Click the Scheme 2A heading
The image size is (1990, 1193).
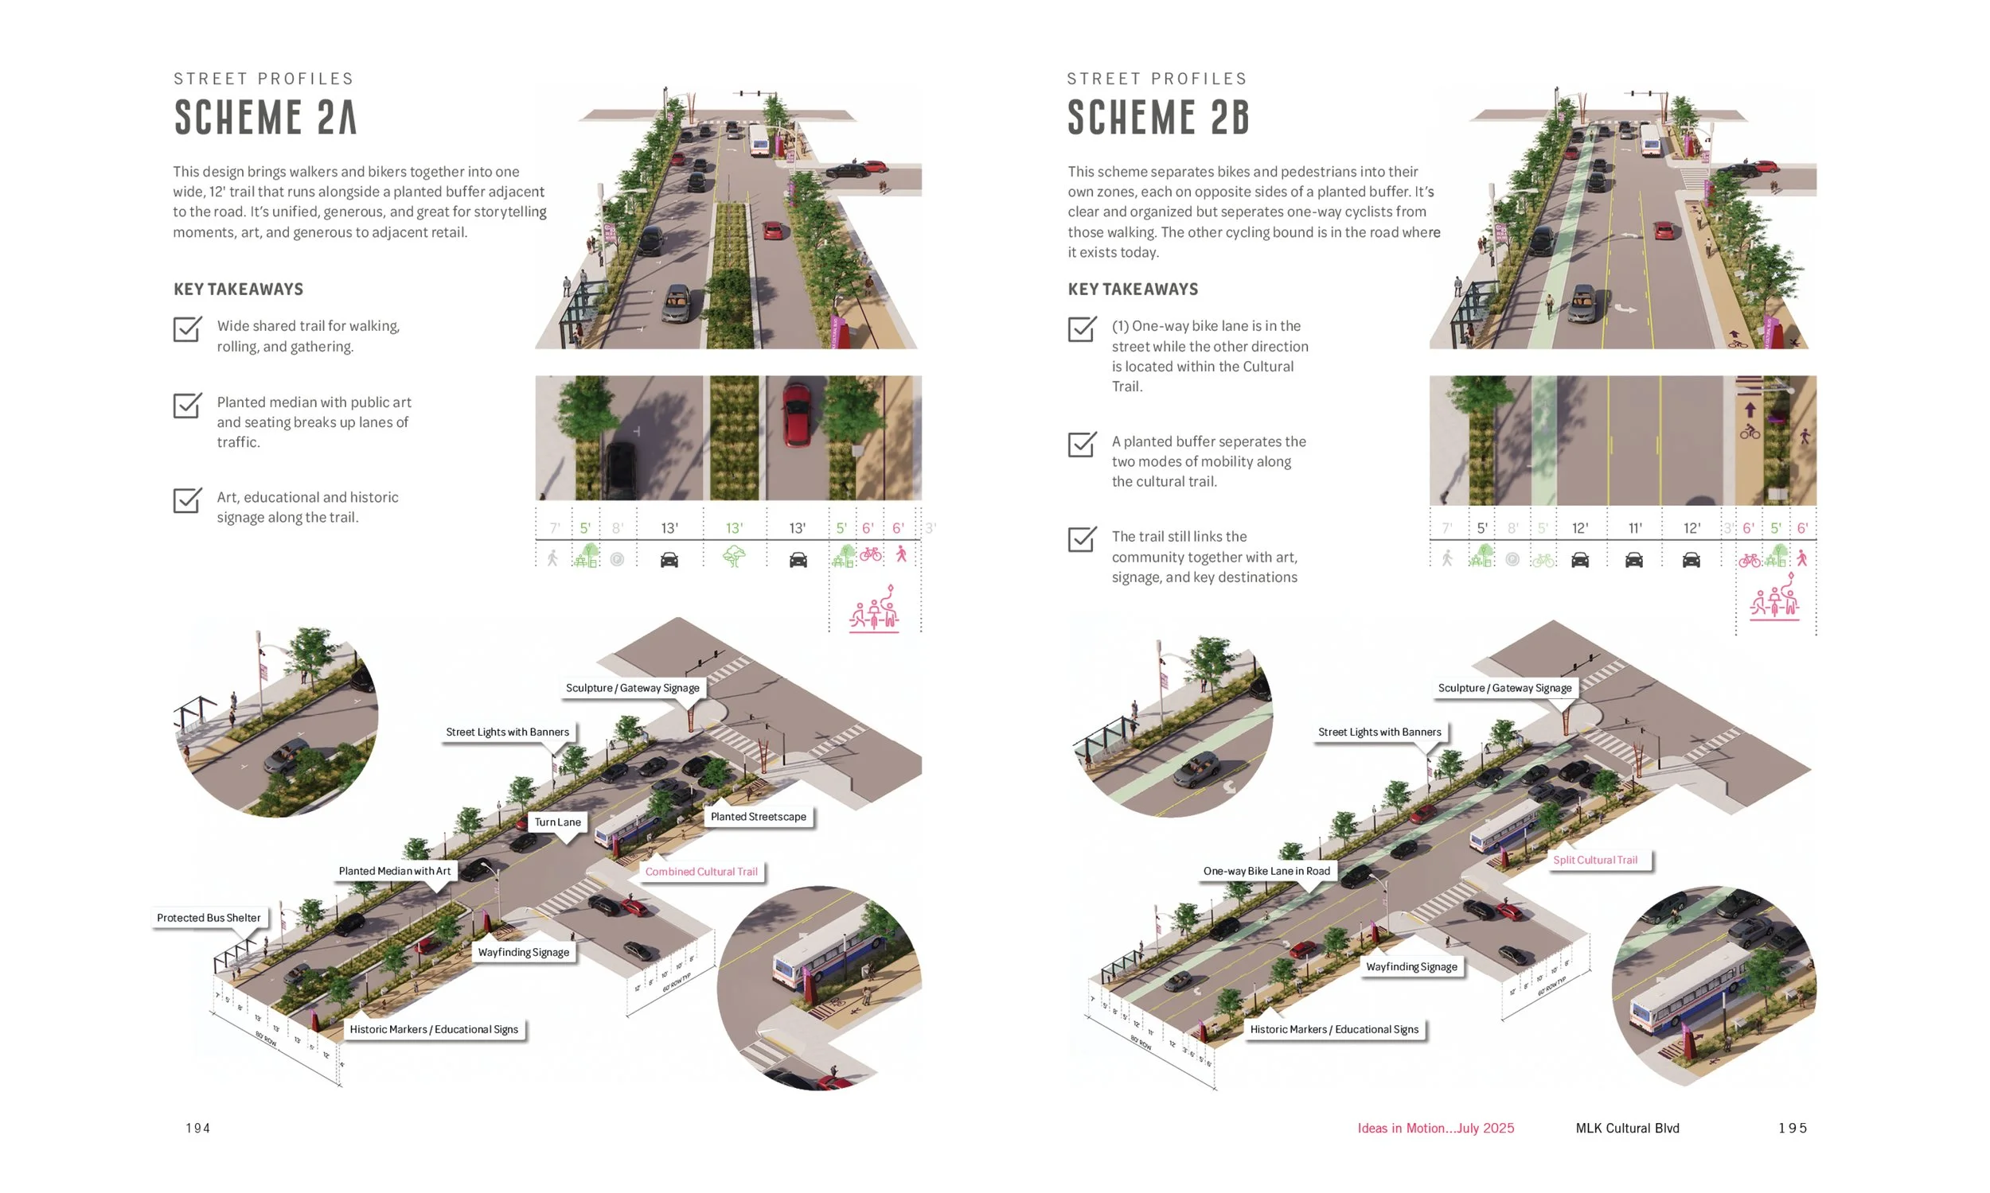click(x=265, y=118)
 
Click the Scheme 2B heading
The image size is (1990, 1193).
click(x=1158, y=118)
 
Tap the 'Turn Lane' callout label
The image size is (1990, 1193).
click(x=557, y=822)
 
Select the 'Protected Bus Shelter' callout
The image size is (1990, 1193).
click(x=209, y=917)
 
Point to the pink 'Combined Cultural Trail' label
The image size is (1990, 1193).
click(x=700, y=872)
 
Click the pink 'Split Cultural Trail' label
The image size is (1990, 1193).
click(x=1594, y=860)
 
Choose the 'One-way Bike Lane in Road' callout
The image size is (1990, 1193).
click(x=1266, y=871)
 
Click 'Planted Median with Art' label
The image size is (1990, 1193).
click(x=394, y=871)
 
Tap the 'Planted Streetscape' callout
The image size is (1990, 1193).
click(x=758, y=816)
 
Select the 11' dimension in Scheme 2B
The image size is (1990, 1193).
click(x=1634, y=528)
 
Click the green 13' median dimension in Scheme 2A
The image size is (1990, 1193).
click(x=734, y=528)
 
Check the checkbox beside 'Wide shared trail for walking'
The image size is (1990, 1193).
click(x=186, y=328)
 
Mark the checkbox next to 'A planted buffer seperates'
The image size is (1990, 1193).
click(x=1081, y=444)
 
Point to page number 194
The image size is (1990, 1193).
click(x=198, y=1128)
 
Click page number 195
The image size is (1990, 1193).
click(x=1792, y=1128)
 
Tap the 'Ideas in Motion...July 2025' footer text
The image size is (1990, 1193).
click(x=1435, y=1128)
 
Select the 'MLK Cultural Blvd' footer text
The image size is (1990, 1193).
click(x=1626, y=1128)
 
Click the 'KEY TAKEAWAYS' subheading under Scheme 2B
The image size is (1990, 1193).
click(x=1133, y=290)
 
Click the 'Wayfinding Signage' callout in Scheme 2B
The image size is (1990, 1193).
click(x=1411, y=966)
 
